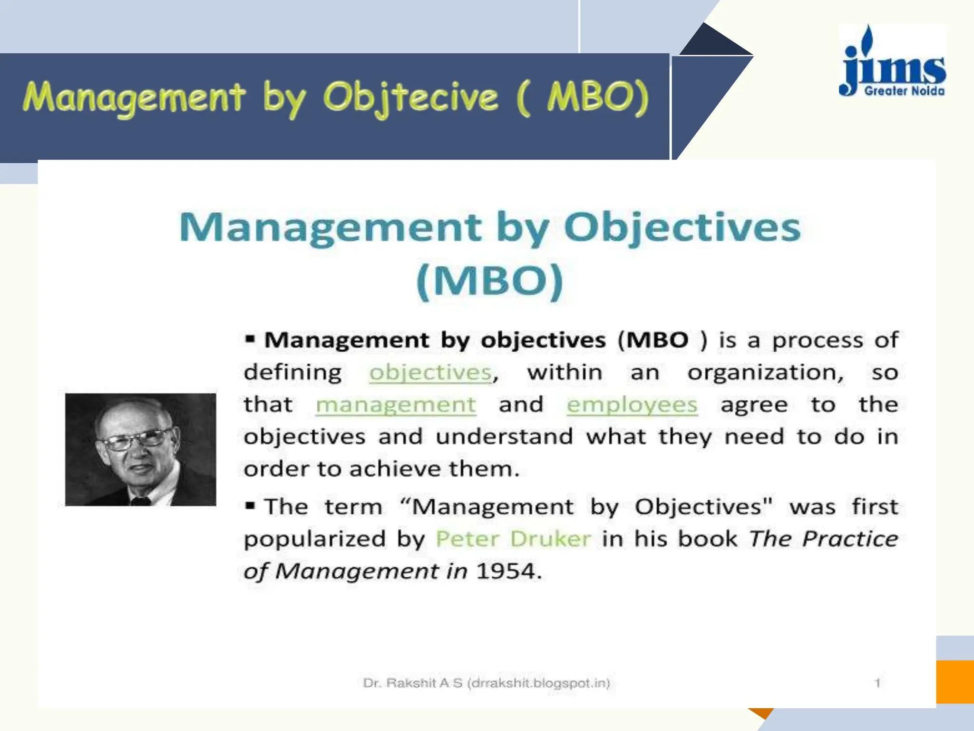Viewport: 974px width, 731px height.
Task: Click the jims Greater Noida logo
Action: pyautogui.click(x=893, y=62)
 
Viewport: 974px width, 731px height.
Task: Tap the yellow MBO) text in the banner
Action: pyautogui.click(x=597, y=97)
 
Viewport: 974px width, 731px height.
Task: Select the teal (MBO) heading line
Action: pyautogui.click(x=490, y=281)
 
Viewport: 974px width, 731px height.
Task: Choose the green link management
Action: pyautogui.click(x=396, y=405)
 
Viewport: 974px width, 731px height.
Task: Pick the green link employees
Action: pyautogui.click(x=632, y=405)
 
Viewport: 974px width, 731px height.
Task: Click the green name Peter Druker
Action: pyautogui.click(x=513, y=539)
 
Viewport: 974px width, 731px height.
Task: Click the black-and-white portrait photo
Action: pyautogui.click(x=140, y=449)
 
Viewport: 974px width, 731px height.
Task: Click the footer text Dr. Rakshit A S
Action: pyautogui.click(x=412, y=683)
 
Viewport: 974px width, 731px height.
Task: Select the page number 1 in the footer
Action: pyautogui.click(x=877, y=683)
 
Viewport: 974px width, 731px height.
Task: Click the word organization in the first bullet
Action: pyautogui.click(x=765, y=373)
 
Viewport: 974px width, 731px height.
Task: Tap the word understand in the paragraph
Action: pyautogui.click(x=504, y=437)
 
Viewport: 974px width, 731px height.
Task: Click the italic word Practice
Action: pyautogui.click(x=850, y=539)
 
